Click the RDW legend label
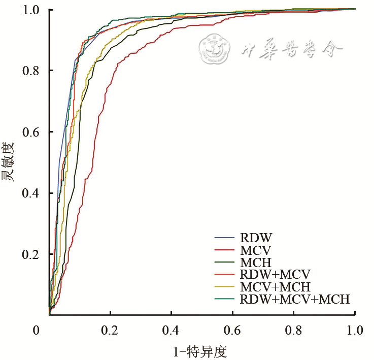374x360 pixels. tap(256, 238)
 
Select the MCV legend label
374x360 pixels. tap(256, 250)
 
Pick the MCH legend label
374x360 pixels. tap(257, 262)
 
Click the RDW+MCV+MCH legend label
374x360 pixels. tap(294, 299)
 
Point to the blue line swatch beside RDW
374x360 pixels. tap(224, 238)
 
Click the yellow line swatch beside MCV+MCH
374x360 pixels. tap(224, 286)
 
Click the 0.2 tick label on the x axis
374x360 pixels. tap(110, 331)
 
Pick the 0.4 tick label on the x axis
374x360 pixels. tap(172, 331)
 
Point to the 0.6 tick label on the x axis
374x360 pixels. tap(232, 331)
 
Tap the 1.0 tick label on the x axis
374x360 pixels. tap(354, 331)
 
